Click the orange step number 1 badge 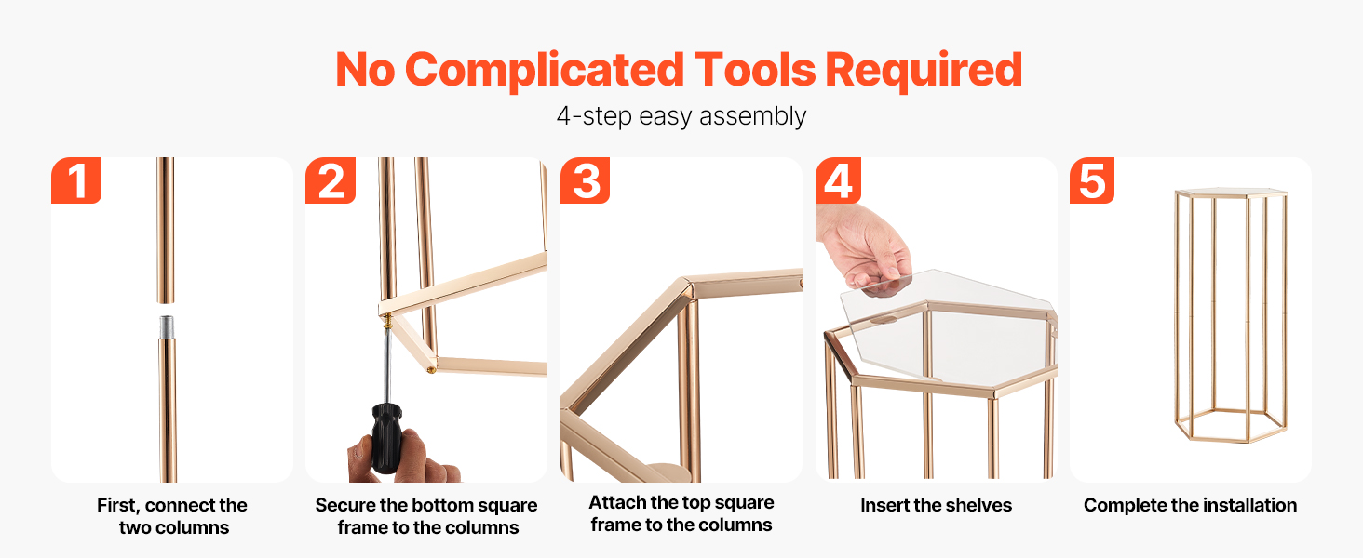click(x=76, y=179)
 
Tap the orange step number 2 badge click(x=331, y=179)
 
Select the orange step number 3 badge click(x=586, y=179)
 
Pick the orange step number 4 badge click(x=839, y=179)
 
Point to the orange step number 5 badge click(x=1092, y=179)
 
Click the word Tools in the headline click(x=754, y=70)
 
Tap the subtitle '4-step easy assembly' click(x=681, y=116)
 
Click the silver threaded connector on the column click(x=166, y=327)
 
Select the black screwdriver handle click(x=385, y=438)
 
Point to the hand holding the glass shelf click(x=864, y=249)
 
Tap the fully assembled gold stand click(x=1231, y=315)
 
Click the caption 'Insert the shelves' click(x=936, y=505)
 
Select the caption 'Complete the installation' click(x=1190, y=505)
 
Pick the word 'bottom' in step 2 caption click(x=439, y=505)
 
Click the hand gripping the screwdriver click(x=405, y=456)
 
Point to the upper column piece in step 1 click(x=166, y=230)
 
